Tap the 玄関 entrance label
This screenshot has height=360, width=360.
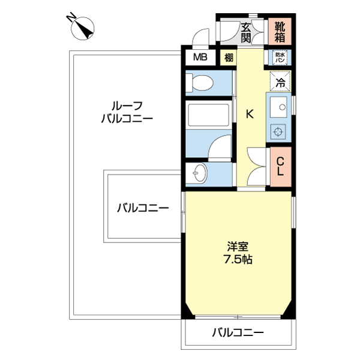click(245, 32)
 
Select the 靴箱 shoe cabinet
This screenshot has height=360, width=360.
click(280, 32)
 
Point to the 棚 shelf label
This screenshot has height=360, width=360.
click(229, 58)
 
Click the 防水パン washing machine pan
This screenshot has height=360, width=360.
click(280, 58)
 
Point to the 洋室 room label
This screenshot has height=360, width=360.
click(238, 246)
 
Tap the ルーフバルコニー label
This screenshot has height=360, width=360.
click(127, 112)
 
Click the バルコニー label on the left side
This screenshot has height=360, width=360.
click(142, 208)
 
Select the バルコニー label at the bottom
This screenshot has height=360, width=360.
click(238, 332)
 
